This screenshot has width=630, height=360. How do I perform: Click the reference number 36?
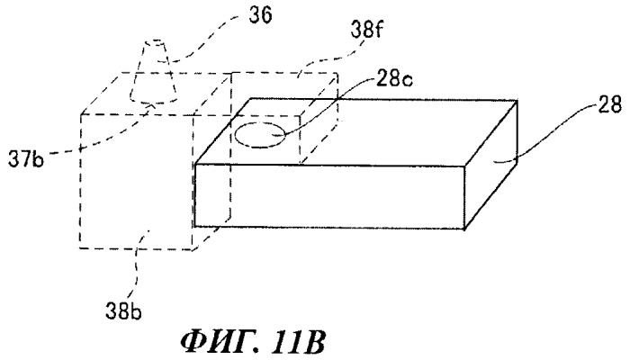pyautogui.click(x=260, y=15)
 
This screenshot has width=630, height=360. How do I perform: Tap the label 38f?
pyautogui.click(x=366, y=30)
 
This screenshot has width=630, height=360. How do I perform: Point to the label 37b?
pyautogui.click(x=26, y=159)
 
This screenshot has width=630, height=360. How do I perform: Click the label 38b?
pyautogui.click(x=124, y=310)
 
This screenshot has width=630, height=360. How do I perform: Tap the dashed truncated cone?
pyautogui.click(x=154, y=71)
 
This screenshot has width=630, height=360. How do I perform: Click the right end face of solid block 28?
pyautogui.click(x=490, y=165)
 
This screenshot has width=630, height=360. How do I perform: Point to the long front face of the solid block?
pyautogui.click(x=329, y=197)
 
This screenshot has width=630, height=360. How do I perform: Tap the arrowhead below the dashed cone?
pyautogui.click(x=151, y=105)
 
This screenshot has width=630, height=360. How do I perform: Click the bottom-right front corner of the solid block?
pyautogui.click(x=464, y=229)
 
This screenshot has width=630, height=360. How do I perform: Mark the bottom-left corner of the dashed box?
pyautogui.click(x=80, y=248)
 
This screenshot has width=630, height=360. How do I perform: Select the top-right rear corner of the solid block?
pyautogui.click(x=517, y=101)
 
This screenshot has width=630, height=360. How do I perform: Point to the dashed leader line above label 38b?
pyautogui.click(x=139, y=265)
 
